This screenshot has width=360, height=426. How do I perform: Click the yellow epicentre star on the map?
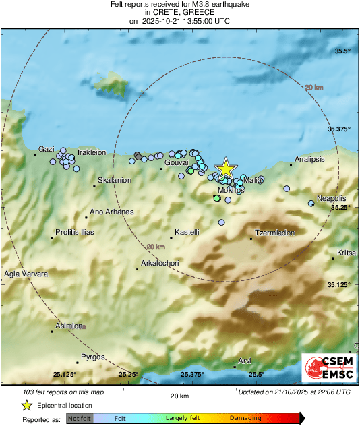226,169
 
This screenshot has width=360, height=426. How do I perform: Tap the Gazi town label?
46,149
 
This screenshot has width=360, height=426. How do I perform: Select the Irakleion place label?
92,153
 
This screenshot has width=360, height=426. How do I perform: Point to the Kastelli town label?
187,233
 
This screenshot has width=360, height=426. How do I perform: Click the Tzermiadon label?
275,233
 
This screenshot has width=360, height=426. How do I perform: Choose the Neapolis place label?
331,199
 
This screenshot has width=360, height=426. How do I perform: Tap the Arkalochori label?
160,263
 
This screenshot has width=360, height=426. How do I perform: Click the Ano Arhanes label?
112,212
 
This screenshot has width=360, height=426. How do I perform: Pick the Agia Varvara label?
26,274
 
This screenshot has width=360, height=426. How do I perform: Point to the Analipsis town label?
309,160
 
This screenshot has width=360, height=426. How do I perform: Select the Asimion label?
69,325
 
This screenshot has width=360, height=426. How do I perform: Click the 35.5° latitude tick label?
344,51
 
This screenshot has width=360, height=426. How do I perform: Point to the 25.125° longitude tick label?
65,375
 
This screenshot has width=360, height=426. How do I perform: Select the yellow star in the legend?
26,406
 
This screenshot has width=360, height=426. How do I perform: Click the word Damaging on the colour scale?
245,419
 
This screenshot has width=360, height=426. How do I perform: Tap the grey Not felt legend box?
80,419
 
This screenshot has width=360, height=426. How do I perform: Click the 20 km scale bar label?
179,396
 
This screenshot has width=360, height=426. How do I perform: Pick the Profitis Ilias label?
75,233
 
